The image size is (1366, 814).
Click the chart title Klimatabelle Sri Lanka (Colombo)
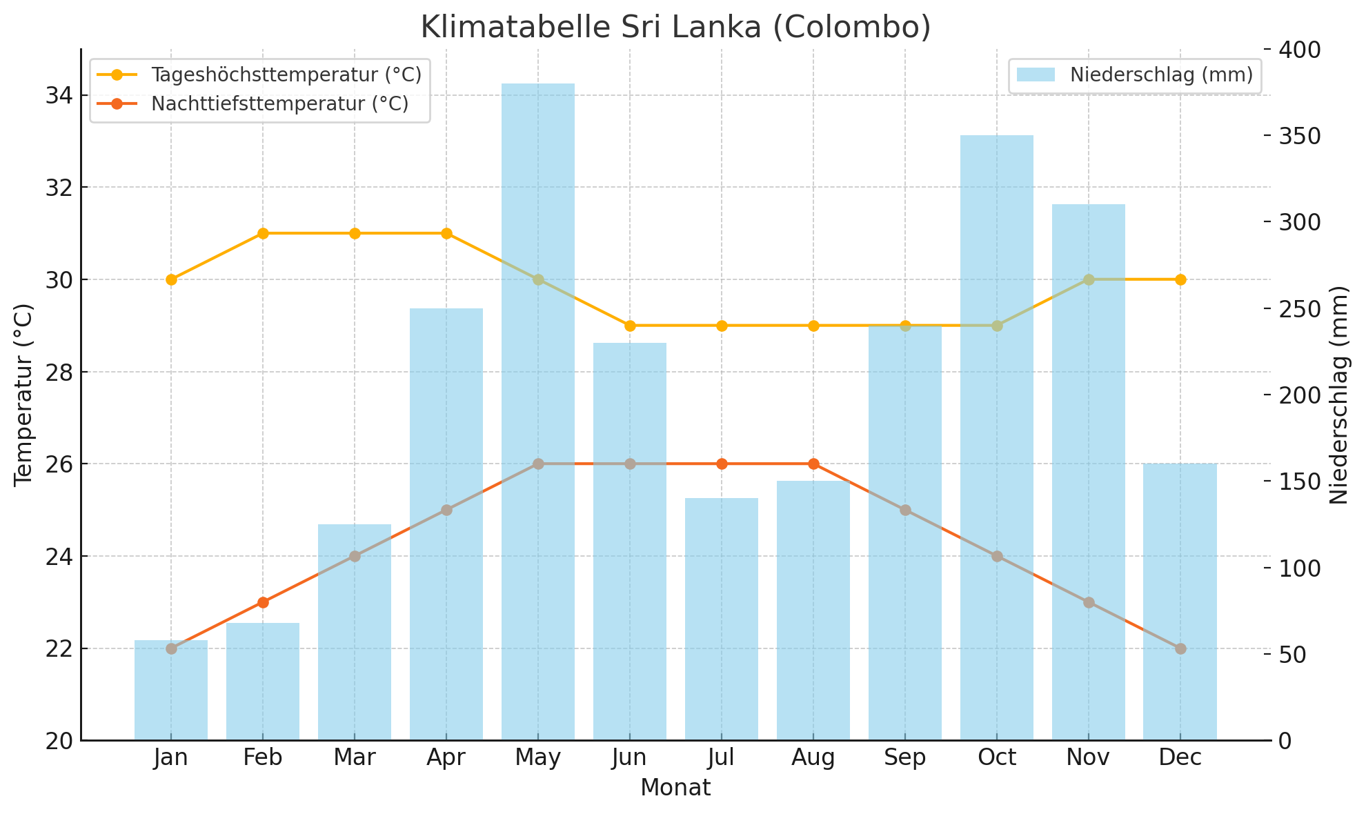point(675,28)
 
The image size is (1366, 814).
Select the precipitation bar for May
point(538,414)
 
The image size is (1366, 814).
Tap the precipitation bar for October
point(997,441)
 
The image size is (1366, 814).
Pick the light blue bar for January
point(171,690)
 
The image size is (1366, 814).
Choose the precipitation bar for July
point(722,621)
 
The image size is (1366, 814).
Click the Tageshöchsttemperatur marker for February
point(263,233)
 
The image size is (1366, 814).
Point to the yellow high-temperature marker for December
point(1180,279)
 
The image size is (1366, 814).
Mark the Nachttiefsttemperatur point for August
point(813,464)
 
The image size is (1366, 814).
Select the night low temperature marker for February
point(263,602)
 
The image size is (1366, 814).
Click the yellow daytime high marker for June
point(630,326)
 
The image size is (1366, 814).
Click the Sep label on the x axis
point(905,758)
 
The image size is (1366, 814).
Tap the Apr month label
point(446,758)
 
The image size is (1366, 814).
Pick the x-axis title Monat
point(675,788)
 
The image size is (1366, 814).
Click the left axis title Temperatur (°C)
point(24,395)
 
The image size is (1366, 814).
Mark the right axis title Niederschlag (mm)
point(1339,395)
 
